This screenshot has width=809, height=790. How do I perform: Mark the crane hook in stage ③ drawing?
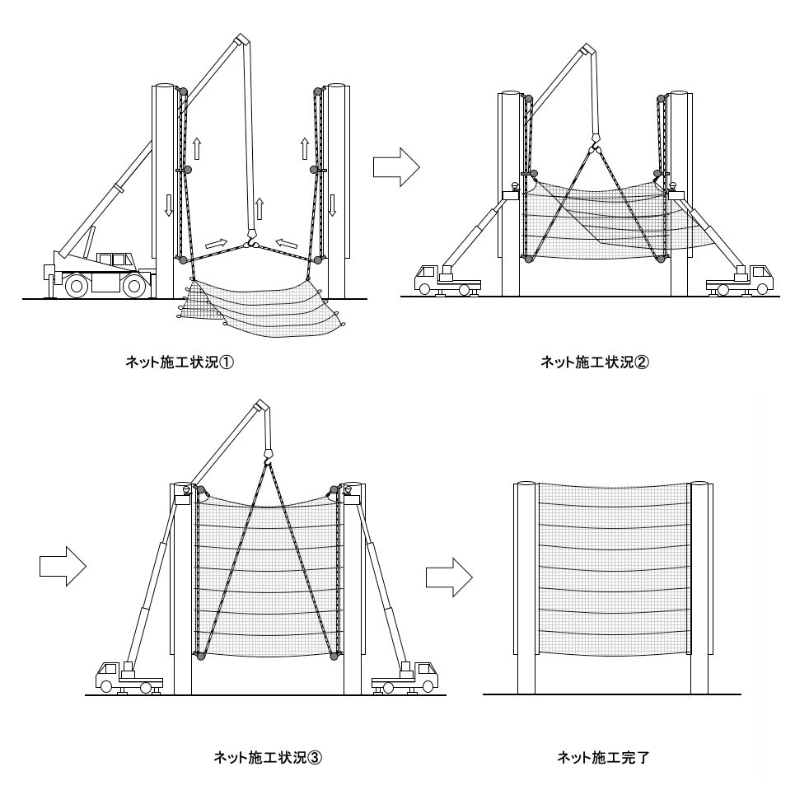pos(269,454)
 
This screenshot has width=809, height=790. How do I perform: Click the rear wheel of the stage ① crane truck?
pos(77,285)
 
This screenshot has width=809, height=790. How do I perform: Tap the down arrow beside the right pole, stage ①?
pos(333,204)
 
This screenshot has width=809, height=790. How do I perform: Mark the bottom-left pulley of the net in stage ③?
pos(198,655)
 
